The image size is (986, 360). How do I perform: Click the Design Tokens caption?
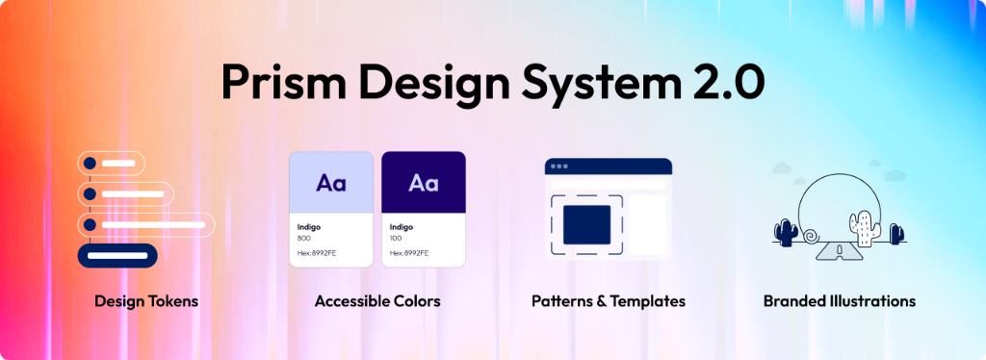[x=146, y=301]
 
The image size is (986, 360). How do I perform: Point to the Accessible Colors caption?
[x=377, y=301]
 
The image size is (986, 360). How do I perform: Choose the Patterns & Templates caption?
[x=609, y=301]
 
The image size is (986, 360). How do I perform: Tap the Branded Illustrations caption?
[x=840, y=301]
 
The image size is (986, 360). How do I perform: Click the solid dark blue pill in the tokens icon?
[x=117, y=256]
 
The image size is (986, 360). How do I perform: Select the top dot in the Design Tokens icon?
[x=90, y=163]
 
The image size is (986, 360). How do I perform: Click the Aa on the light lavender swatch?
[x=331, y=182]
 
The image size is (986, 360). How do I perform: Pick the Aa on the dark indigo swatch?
[x=424, y=182]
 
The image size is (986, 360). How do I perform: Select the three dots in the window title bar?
[x=558, y=167]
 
